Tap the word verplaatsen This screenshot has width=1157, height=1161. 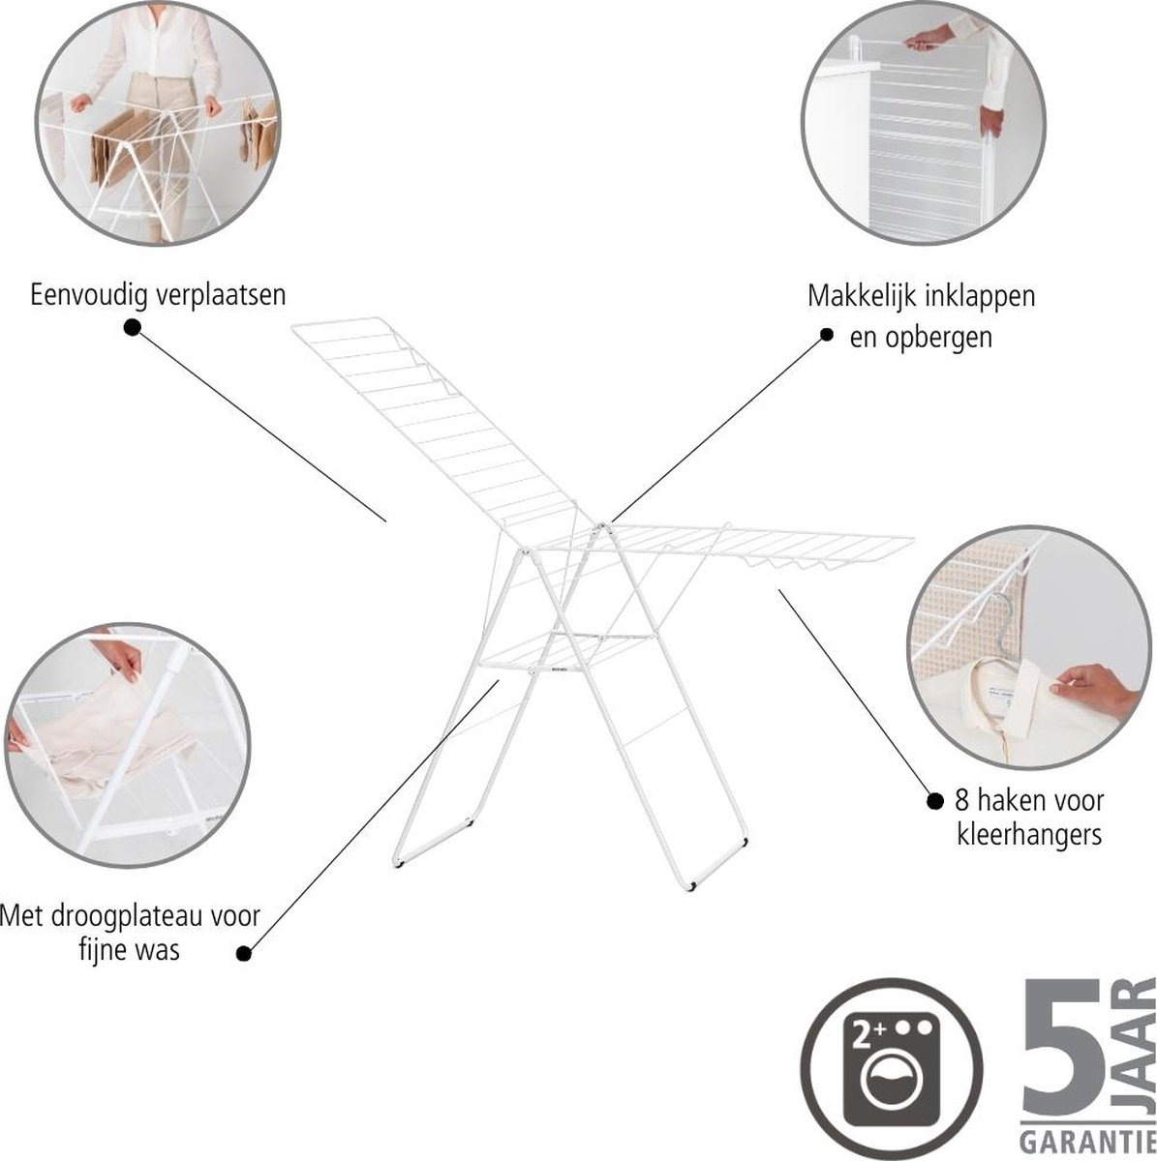[x=220, y=296]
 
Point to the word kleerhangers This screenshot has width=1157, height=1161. [x=1029, y=835]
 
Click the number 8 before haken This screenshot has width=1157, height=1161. [x=962, y=801]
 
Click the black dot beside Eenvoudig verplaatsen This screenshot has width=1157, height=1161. [x=132, y=327]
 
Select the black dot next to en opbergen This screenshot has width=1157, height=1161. [x=827, y=335]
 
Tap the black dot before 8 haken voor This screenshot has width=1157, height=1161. [x=934, y=801]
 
